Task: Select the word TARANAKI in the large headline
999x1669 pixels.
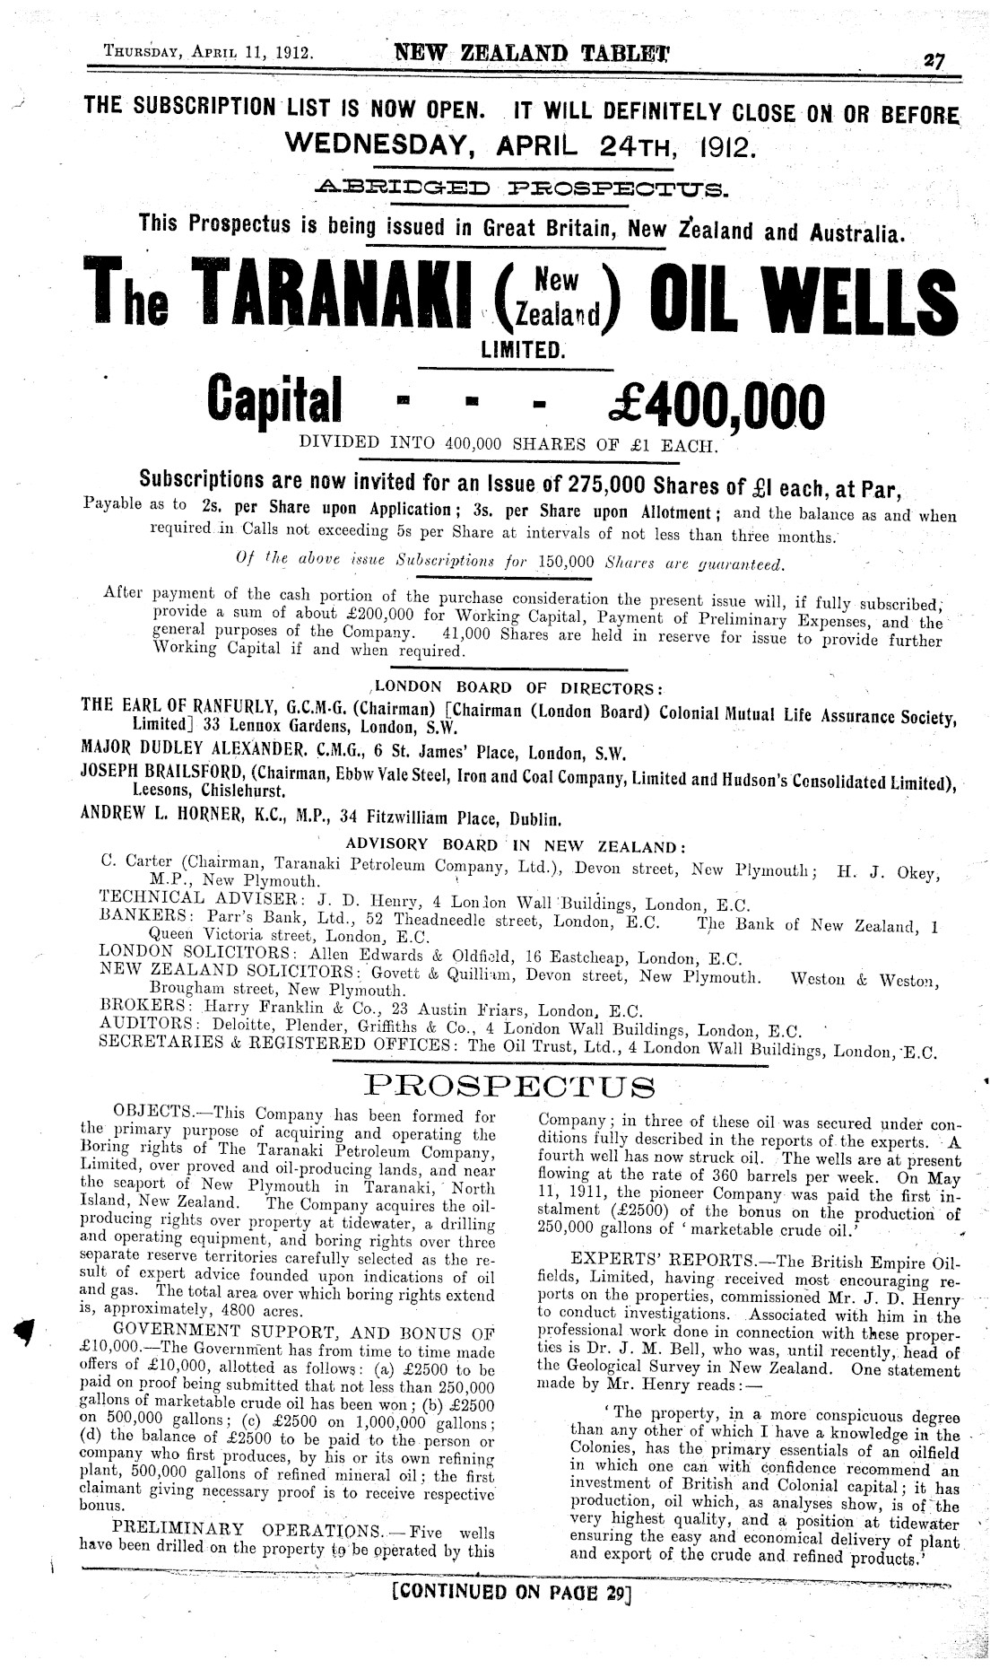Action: pos(331,296)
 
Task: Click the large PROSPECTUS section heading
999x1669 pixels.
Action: pos(511,1088)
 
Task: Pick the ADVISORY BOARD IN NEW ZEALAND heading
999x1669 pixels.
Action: pos(517,846)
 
